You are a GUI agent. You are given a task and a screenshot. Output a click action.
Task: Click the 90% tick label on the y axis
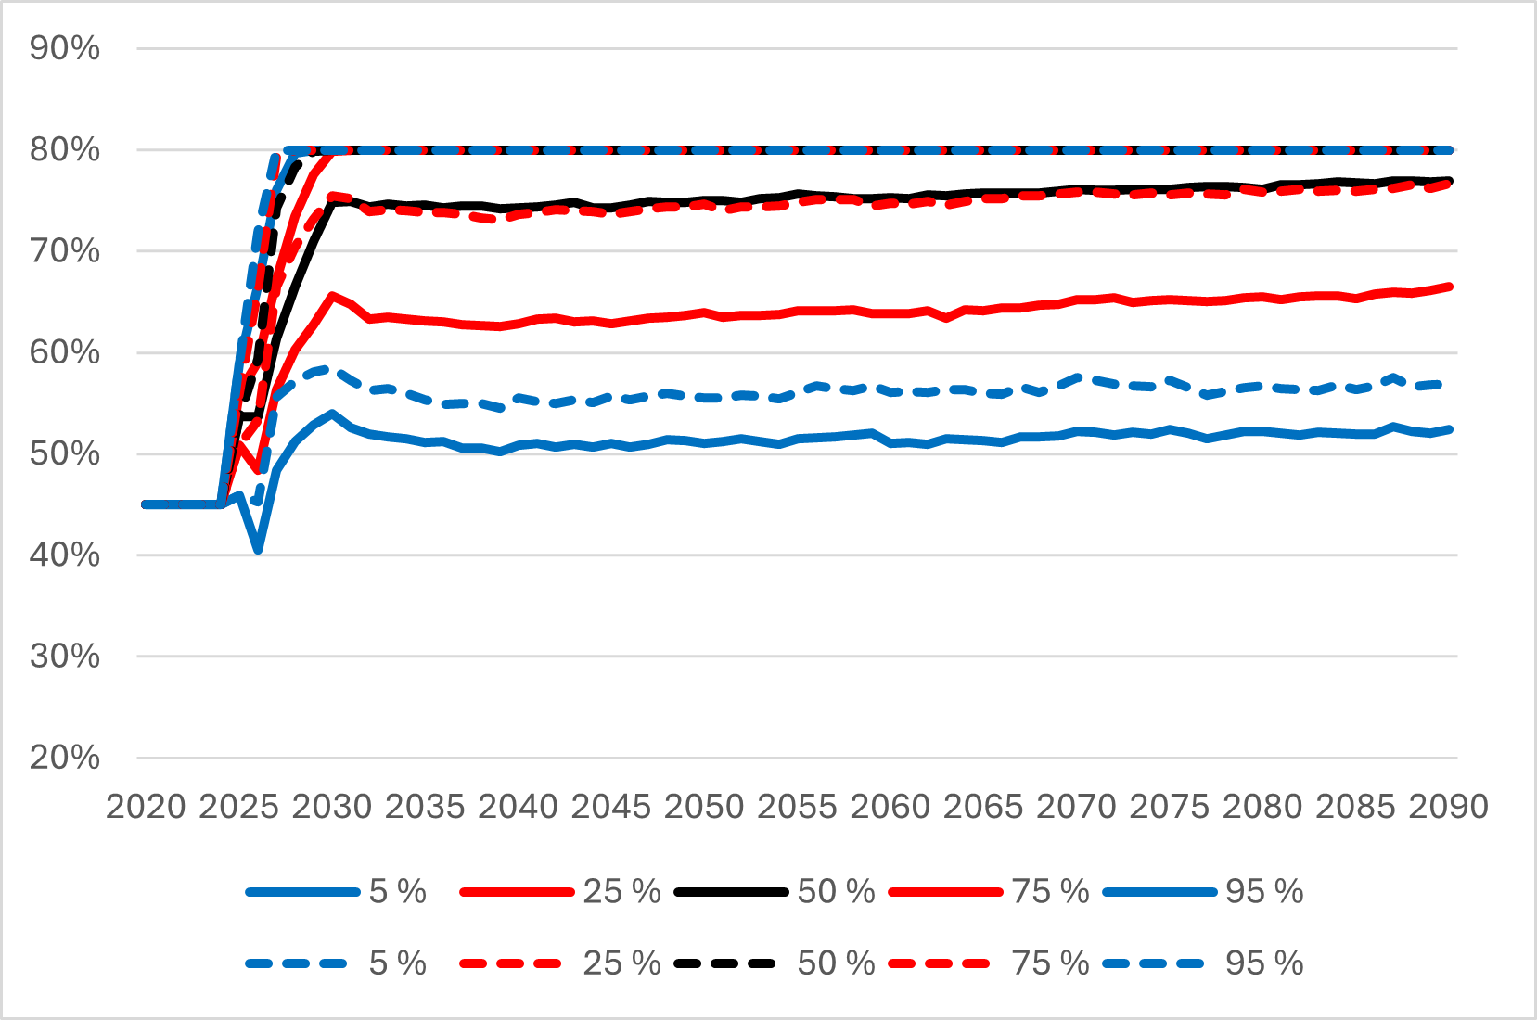[x=64, y=48]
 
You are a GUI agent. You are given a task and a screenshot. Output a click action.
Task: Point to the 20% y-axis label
[x=64, y=758]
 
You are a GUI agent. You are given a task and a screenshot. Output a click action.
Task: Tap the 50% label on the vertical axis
[x=64, y=454]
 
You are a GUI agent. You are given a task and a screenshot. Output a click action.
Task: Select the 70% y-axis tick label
[x=64, y=251]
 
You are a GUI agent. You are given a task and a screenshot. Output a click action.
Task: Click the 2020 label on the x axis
[x=146, y=807]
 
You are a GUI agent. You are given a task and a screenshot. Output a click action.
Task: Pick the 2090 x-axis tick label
[x=1448, y=807]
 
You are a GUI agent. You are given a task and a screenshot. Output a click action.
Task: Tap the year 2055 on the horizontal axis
[x=797, y=807]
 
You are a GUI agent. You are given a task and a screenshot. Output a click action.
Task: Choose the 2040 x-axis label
[x=518, y=807]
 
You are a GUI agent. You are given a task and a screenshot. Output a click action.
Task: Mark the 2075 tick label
[x=1169, y=807]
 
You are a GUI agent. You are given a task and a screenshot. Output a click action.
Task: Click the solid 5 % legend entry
[x=336, y=892]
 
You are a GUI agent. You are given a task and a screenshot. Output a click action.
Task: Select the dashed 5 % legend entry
[x=336, y=963]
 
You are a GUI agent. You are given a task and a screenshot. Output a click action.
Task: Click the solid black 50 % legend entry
[x=775, y=892]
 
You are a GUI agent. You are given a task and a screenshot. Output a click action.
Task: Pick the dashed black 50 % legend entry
[x=775, y=963]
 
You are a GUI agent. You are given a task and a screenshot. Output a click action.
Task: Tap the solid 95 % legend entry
[x=1203, y=892]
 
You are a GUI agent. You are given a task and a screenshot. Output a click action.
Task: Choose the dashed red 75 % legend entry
[x=989, y=963]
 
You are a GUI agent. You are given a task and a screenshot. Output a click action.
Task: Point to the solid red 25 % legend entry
[x=559, y=892]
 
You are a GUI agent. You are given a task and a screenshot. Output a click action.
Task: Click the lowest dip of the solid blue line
[x=258, y=550]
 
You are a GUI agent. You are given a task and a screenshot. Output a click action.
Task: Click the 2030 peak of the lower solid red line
[x=331, y=296]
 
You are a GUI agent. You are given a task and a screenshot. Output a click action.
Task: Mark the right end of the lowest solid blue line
[x=1449, y=429]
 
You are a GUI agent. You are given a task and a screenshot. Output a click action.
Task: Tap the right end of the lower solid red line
[x=1449, y=287]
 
